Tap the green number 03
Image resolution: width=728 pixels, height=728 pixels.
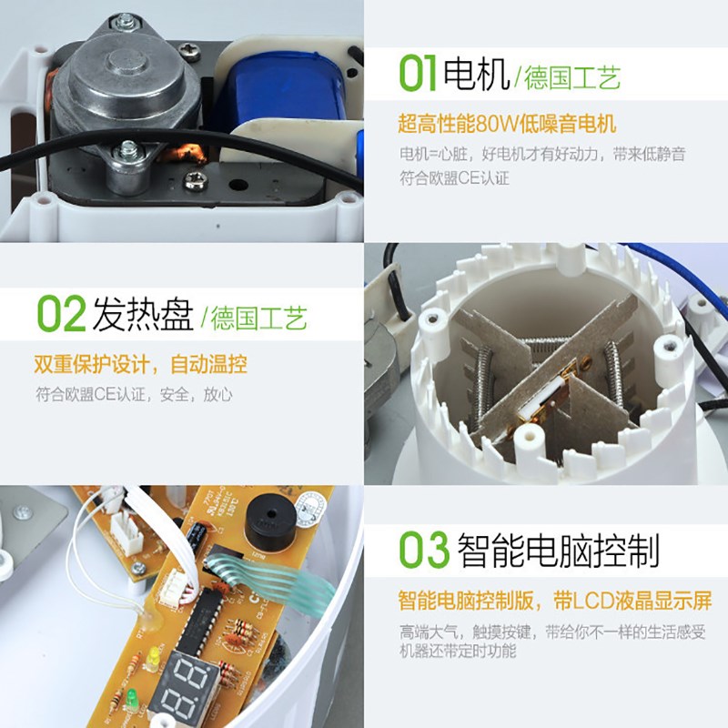[x=424, y=551]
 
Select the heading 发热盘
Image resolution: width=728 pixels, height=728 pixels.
[x=143, y=315]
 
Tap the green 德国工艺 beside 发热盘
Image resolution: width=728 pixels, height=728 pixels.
[x=259, y=318]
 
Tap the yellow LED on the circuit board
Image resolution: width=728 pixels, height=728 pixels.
[x=156, y=658]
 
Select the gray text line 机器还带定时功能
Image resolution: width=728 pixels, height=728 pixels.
[x=458, y=651]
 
